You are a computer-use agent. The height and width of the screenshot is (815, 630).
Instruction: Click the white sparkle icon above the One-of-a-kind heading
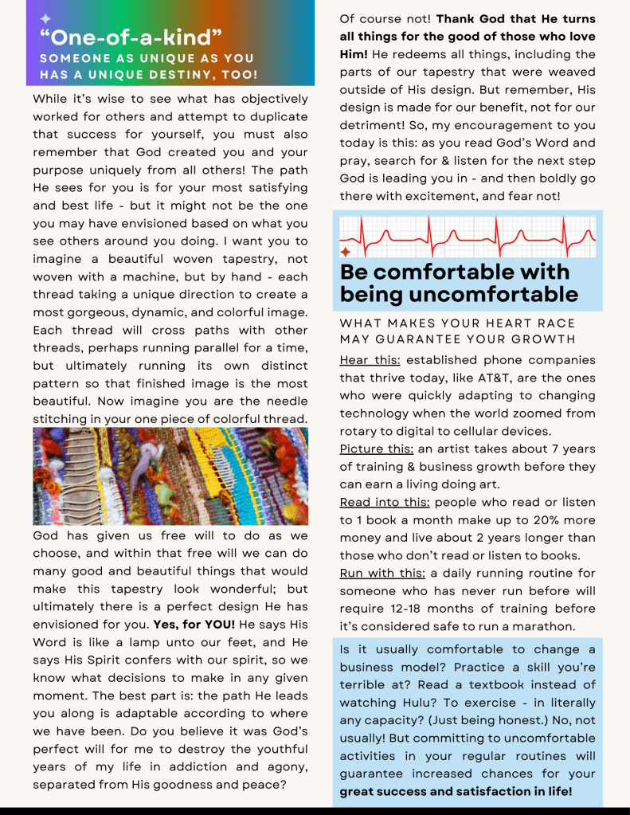45,18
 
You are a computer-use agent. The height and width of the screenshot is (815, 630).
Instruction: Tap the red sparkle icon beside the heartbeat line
345,251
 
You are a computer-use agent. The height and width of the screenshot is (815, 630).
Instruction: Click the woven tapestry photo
170,476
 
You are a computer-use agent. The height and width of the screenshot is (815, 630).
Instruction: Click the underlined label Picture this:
377,449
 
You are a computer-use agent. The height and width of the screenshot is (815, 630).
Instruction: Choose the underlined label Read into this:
385,502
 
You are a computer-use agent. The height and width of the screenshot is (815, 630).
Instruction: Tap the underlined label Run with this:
382,574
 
